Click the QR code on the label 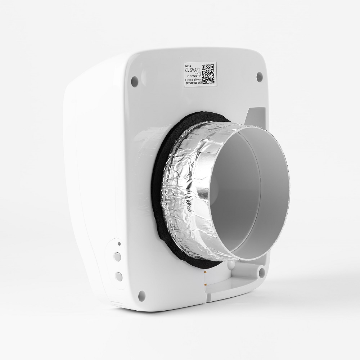(x=208, y=73)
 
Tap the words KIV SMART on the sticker (x=193, y=71)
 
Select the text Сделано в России (x=193, y=79)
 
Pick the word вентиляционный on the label (x=194, y=76)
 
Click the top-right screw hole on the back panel (x=259, y=76)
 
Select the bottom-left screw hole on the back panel (x=141, y=294)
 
